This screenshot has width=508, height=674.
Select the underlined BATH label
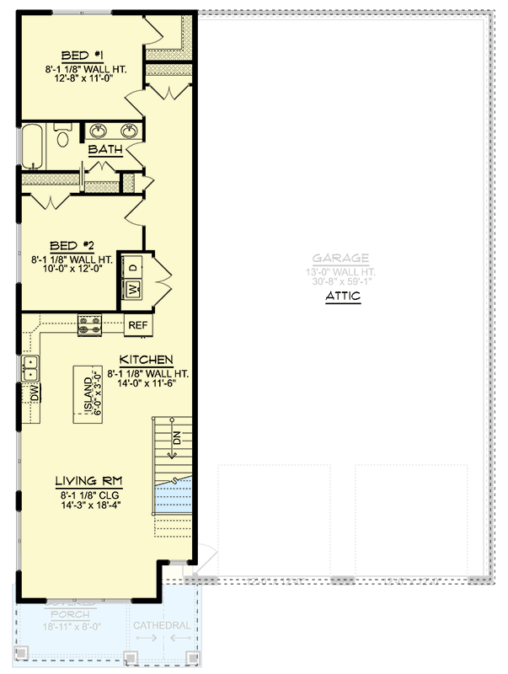coord(106,150)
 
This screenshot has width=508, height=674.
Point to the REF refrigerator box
coord(137,324)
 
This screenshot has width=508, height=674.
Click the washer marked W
coord(133,290)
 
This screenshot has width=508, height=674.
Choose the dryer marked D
coord(133,265)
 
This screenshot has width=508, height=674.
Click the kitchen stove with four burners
coord(90,324)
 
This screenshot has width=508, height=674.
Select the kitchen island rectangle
coord(92,393)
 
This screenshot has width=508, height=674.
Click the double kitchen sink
coord(30,368)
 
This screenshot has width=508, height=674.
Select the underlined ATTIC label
coord(342,297)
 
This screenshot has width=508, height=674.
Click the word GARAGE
coord(340,259)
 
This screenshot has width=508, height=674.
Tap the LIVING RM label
coord(84,480)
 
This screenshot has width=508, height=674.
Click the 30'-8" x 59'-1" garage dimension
coord(341,282)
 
